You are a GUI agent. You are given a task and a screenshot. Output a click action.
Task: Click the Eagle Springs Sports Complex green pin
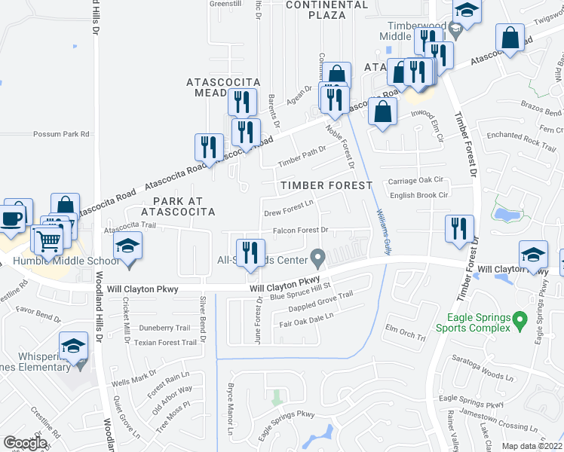point(519,322)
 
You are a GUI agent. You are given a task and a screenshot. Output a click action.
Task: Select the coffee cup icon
point(13,218)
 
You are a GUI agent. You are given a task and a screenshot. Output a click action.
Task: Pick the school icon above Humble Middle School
point(128,246)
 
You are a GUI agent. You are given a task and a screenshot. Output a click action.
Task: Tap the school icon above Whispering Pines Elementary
point(74,346)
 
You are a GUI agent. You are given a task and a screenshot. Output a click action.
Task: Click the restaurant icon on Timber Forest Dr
point(460,228)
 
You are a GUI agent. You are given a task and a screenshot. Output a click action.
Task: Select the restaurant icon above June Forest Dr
point(251,252)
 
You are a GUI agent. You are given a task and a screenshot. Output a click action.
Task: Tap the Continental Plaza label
point(327,9)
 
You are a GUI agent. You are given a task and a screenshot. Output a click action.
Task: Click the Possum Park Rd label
point(61,134)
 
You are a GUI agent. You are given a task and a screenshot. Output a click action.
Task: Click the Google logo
point(25,443)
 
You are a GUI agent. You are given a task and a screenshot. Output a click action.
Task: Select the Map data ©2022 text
point(532,446)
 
